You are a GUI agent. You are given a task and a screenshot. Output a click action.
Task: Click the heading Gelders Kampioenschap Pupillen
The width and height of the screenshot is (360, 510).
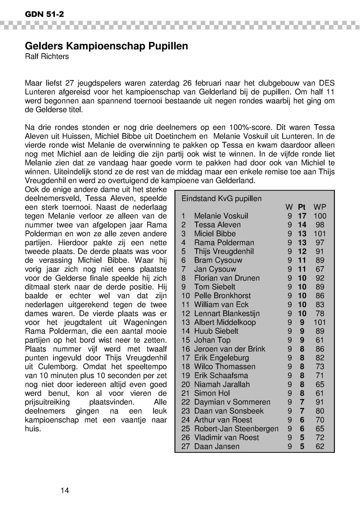[106, 46]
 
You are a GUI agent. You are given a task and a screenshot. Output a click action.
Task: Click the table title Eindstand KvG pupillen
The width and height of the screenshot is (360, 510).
[221, 198]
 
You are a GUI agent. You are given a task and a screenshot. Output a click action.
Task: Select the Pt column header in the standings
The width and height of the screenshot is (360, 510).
[301, 207]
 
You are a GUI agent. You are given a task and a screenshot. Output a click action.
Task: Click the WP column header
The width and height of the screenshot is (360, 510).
[320, 207]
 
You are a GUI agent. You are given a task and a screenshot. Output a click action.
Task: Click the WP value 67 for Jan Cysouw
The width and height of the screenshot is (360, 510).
[320, 269]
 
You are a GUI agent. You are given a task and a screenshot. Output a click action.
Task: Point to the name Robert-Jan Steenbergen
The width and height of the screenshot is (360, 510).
[236, 429]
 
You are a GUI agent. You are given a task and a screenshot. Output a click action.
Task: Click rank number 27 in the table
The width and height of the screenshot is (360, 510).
[186, 446]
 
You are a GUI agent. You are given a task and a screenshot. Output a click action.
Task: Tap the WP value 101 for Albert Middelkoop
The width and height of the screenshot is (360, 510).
[320, 322]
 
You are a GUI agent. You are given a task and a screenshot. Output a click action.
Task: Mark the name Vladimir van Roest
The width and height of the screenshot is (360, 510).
[226, 437]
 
